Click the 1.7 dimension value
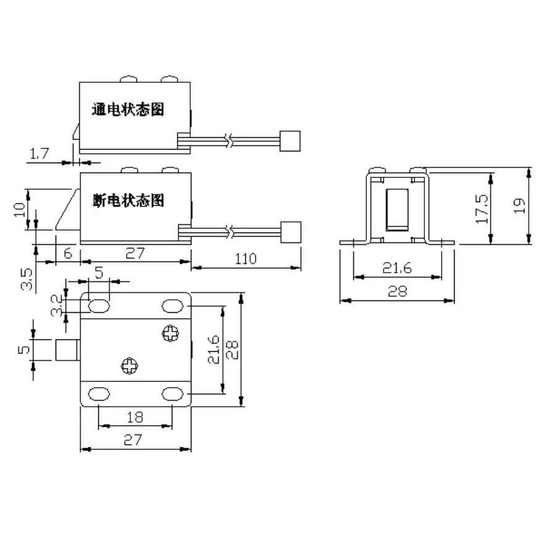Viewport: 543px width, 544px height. (x=39, y=153)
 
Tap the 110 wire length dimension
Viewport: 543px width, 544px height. (x=246, y=259)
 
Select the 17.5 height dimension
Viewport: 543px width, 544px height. (x=482, y=208)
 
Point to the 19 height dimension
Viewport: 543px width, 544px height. (x=520, y=206)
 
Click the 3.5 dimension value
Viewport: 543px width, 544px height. (x=27, y=279)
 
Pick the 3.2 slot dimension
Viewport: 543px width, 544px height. (x=56, y=305)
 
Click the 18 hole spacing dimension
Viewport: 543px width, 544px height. (x=135, y=417)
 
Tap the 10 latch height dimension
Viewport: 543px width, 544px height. (x=19, y=210)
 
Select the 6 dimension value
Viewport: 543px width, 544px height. (x=68, y=253)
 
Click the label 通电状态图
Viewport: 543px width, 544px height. (x=128, y=109)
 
